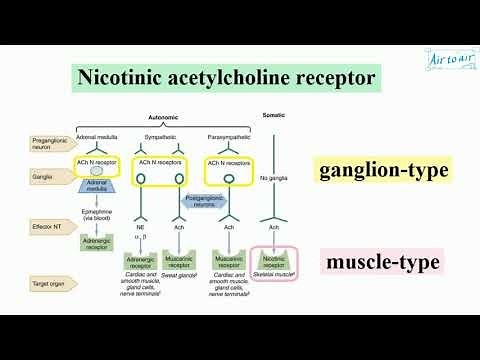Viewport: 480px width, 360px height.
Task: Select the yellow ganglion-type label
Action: click(382, 170)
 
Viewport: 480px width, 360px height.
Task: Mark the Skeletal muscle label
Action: click(273, 272)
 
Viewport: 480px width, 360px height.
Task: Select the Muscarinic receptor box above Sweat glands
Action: click(178, 262)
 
